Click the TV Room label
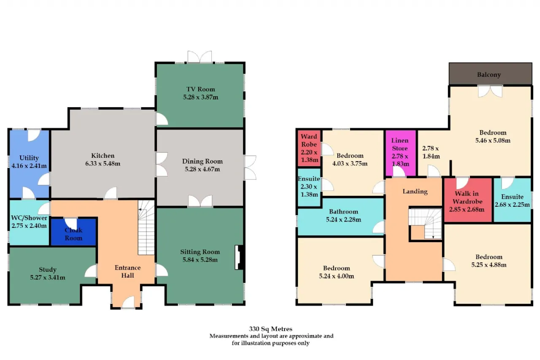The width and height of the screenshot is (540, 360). [200, 89]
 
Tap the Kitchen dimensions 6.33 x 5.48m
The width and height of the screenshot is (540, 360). [103, 163]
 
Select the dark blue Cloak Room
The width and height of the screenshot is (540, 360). [73, 232]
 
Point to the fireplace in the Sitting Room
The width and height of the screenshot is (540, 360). [239, 257]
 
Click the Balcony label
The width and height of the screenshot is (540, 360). [489, 75]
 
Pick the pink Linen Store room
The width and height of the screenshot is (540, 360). [400, 153]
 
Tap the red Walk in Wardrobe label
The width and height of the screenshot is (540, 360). [467, 198]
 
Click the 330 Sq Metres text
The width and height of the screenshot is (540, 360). [270, 329]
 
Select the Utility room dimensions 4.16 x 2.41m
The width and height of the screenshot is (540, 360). [29, 166]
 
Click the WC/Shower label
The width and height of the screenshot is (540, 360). [29, 218]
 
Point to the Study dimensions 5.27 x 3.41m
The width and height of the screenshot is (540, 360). [48, 277]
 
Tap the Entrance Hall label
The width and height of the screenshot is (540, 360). [127, 271]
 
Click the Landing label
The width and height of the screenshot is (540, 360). [415, 192]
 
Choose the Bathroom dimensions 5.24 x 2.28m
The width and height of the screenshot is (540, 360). [343, 219]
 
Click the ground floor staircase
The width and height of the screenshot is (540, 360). [146, 227]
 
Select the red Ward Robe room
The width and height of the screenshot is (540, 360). [309, 148]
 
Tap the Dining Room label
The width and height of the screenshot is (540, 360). [202, 161]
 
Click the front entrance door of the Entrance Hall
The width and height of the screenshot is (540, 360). [128, 303]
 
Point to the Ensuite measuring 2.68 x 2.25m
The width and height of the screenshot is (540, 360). [512, 200]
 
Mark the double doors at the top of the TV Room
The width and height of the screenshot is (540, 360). [200, 57]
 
